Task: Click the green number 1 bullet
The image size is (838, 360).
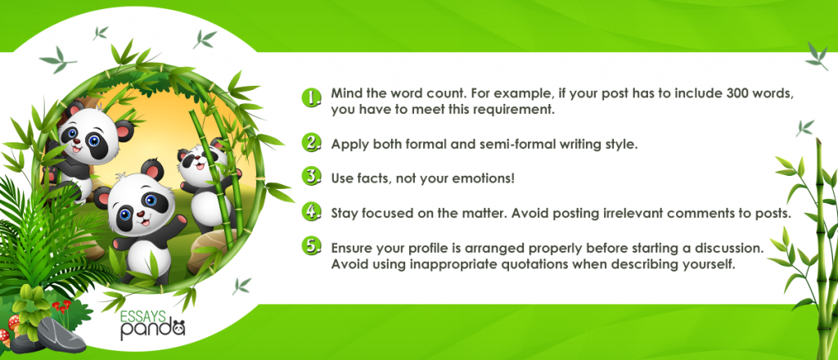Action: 311,97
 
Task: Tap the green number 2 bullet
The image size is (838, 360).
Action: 311,143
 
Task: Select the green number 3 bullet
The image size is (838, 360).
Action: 311,177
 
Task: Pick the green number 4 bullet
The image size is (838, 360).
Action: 311,212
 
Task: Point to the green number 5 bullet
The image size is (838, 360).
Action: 311,246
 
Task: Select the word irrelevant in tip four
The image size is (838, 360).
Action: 567,213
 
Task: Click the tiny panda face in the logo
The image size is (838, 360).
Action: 177,327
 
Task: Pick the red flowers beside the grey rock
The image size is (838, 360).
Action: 61,307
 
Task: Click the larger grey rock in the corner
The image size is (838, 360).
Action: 61,335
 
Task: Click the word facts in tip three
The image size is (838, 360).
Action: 368,178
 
